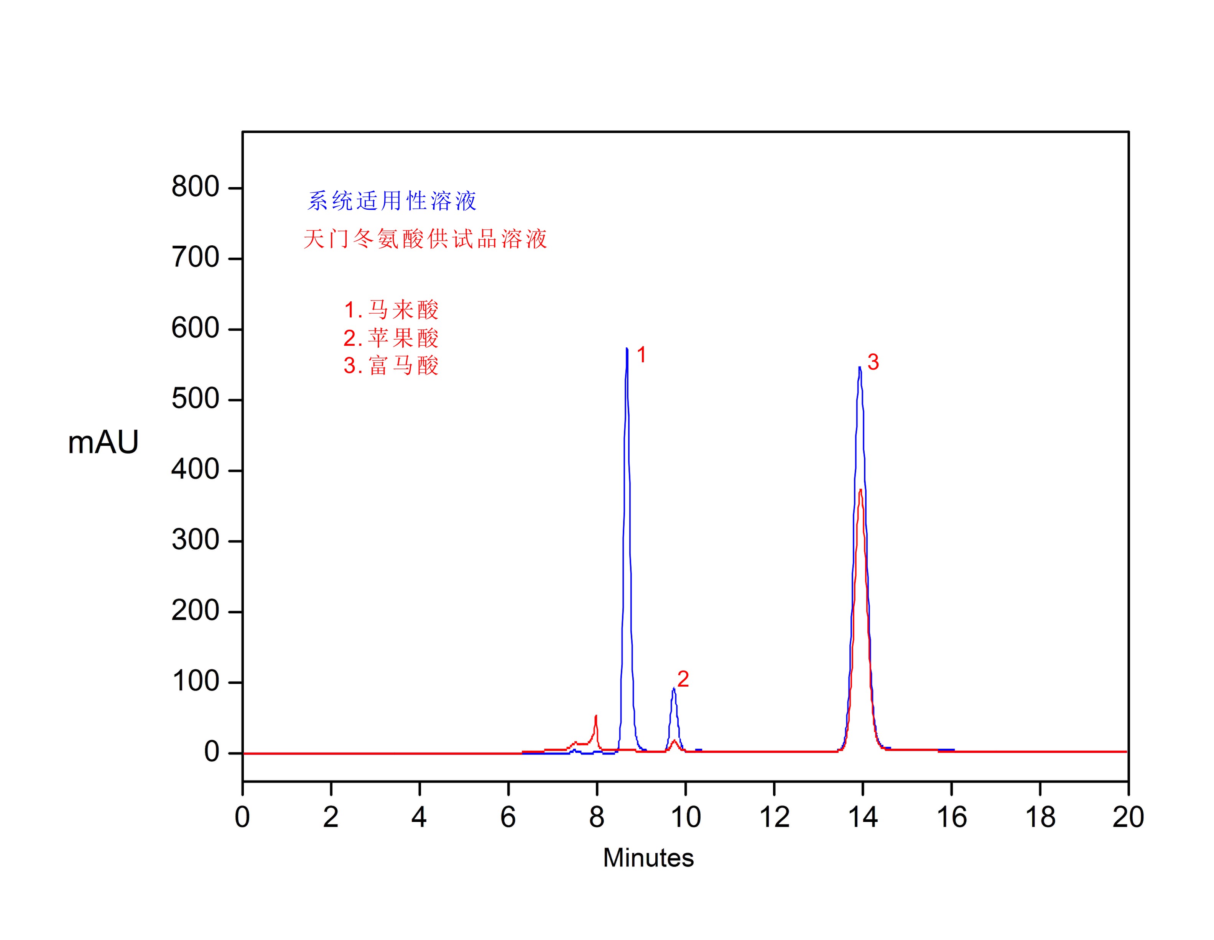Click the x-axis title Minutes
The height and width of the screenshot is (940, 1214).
click(648, 858)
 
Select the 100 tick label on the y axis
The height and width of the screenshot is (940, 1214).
click(195, 682)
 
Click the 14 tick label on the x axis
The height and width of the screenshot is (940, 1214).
click(863, 817)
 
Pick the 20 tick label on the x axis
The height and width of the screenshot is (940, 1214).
click(1128, 817)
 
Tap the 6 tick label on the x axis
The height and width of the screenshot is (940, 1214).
click(508, 817)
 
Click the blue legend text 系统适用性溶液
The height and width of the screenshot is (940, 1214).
click(392, 200)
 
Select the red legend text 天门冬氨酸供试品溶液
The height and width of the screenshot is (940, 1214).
click(425, 239)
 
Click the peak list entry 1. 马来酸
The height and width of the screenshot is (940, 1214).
click(391, 310)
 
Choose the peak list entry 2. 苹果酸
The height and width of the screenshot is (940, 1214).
click(391, 337)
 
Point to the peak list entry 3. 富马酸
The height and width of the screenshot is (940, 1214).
click(391, 365)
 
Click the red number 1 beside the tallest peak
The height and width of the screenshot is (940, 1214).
click(642, 355)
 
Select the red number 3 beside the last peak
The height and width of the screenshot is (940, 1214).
click(873, 362)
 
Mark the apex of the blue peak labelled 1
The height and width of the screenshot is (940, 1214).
click(627, 348)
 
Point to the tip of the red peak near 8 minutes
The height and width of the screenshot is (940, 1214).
click(596, 716)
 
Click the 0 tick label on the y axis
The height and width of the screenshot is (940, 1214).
click(211, 752)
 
